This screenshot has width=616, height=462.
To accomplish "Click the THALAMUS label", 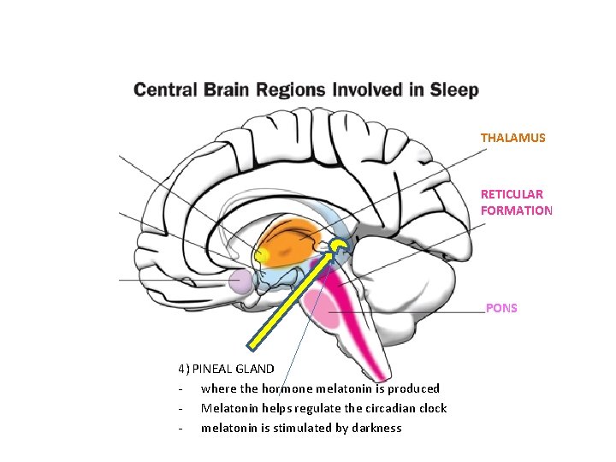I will (x=512, y=138).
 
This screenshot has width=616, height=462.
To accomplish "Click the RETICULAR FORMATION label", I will (x=516, y=202).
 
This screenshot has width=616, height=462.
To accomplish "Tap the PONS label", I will (x=501, y=308).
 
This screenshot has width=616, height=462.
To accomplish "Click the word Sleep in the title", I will (x=453, y=90).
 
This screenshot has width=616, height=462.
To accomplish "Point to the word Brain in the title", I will (x=228, y=90).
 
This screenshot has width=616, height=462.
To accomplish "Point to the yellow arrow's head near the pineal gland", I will (x=335, y=250).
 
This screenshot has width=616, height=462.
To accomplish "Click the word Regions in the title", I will (x=287, y=90).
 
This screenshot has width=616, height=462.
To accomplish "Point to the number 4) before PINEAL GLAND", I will (x=184, y=370).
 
